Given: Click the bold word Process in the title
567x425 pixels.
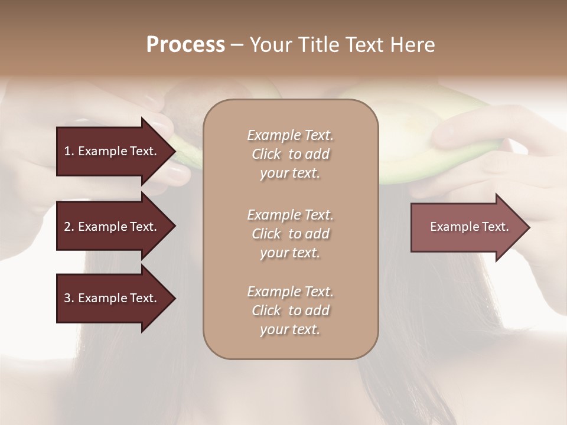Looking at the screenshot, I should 185,44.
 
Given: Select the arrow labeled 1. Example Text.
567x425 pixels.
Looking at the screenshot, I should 112,151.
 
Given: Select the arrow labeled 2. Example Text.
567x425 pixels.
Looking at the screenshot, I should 112,227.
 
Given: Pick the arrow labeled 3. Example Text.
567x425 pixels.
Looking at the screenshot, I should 112,298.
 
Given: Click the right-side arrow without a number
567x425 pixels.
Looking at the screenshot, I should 467,227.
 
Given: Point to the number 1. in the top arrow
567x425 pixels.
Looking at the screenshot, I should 69,151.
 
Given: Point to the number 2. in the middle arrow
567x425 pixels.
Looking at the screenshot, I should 69,227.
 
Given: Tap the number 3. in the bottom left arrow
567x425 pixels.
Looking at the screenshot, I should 69,298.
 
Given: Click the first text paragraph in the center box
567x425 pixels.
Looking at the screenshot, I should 290,154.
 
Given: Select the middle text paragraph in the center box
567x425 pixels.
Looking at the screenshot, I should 290,233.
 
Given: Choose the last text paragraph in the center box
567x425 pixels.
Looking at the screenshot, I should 290,310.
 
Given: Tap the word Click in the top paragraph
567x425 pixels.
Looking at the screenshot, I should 266,154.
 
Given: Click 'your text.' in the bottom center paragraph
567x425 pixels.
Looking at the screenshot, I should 290,329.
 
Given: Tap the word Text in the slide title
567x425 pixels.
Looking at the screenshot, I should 364,44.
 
